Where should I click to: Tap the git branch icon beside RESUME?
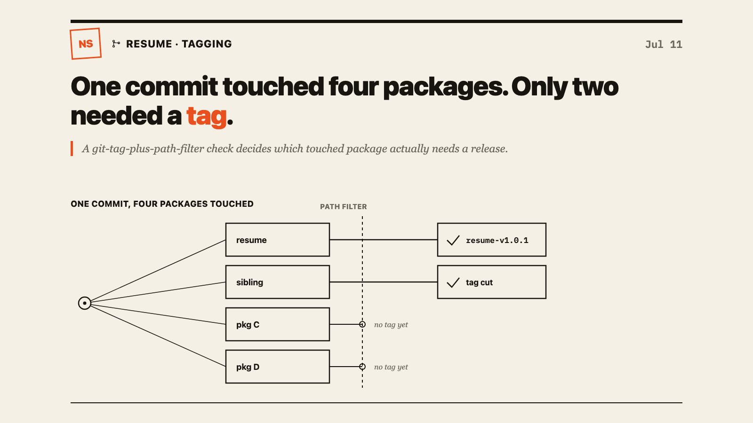point(116,44)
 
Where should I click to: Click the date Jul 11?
point(664,44)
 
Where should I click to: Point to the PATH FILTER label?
point(343,206)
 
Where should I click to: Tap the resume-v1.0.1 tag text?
point(497,240)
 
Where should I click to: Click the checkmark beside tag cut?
point(453,282)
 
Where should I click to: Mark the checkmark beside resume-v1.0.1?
point(453,240)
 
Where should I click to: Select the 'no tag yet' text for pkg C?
point(391,325)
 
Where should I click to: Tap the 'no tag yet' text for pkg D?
point(391,367)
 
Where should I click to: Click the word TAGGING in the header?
point(207,44)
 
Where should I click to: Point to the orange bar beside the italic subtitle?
point(72,149)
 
